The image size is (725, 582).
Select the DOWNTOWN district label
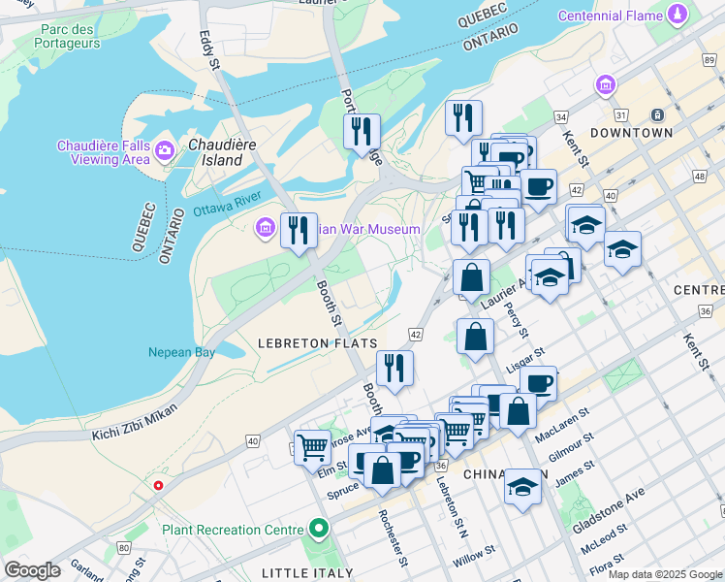(631, 132)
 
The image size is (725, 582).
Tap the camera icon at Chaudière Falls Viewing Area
(164, 149)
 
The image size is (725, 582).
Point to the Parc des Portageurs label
(67, 37)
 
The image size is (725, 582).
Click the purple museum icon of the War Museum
(264, 229)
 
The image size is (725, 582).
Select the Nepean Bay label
(181, 352)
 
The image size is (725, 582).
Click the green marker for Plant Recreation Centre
(318, 530)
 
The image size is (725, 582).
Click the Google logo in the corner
(32, 570)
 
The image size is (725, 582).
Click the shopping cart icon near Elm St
(312, 447)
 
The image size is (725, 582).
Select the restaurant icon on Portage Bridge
(362, 131)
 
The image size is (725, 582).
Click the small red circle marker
(158, 485)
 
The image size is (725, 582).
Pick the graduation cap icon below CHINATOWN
(522, 487)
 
